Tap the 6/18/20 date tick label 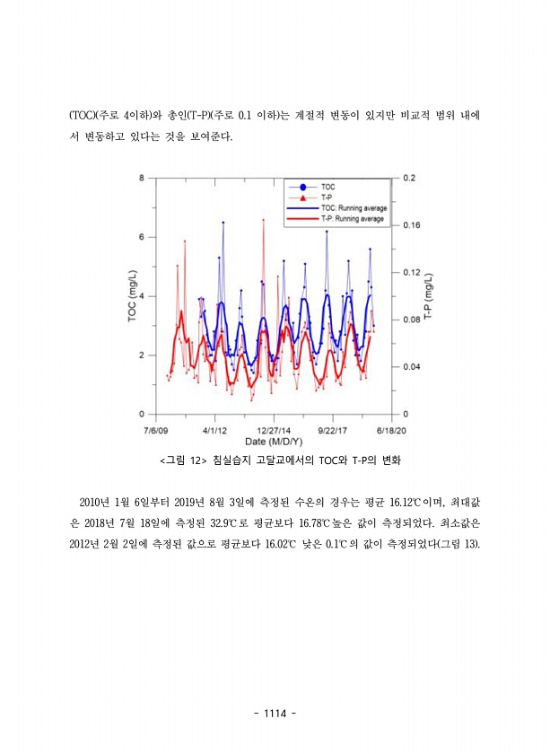click(391, 430)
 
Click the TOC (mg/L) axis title click(132, 296)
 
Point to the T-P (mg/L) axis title click(430, 296)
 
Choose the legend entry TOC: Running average click(353, 207)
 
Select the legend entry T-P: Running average click(353, 218)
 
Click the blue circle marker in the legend click(302, 187)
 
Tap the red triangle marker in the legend click(302, 197)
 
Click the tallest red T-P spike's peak click(263, 219)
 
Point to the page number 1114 click(275, 714)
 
